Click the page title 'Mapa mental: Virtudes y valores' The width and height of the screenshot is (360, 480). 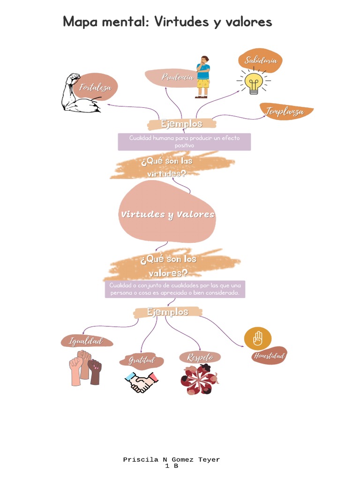[167, 22]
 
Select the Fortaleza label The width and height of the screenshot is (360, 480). [96, 87]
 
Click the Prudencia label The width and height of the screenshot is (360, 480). [177, 77]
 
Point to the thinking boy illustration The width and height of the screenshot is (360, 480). [202, 77]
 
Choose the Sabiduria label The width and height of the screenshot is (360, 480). [260, 60]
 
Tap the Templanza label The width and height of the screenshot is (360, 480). [285, 112]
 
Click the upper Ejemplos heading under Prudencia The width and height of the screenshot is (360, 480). [182, 124]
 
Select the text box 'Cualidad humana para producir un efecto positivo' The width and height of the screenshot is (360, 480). [184, 142]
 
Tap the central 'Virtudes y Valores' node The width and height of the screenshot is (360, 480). [167, 215]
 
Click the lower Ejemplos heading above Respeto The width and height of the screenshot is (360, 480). [168, 312]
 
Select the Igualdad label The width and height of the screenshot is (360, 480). [86, 341]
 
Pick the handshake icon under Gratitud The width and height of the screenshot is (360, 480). [141, 382]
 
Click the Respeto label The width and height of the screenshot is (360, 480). [200, 358]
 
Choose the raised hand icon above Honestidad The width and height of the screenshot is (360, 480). [258, 338]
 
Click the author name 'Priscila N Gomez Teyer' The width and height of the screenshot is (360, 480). [171, 460]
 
